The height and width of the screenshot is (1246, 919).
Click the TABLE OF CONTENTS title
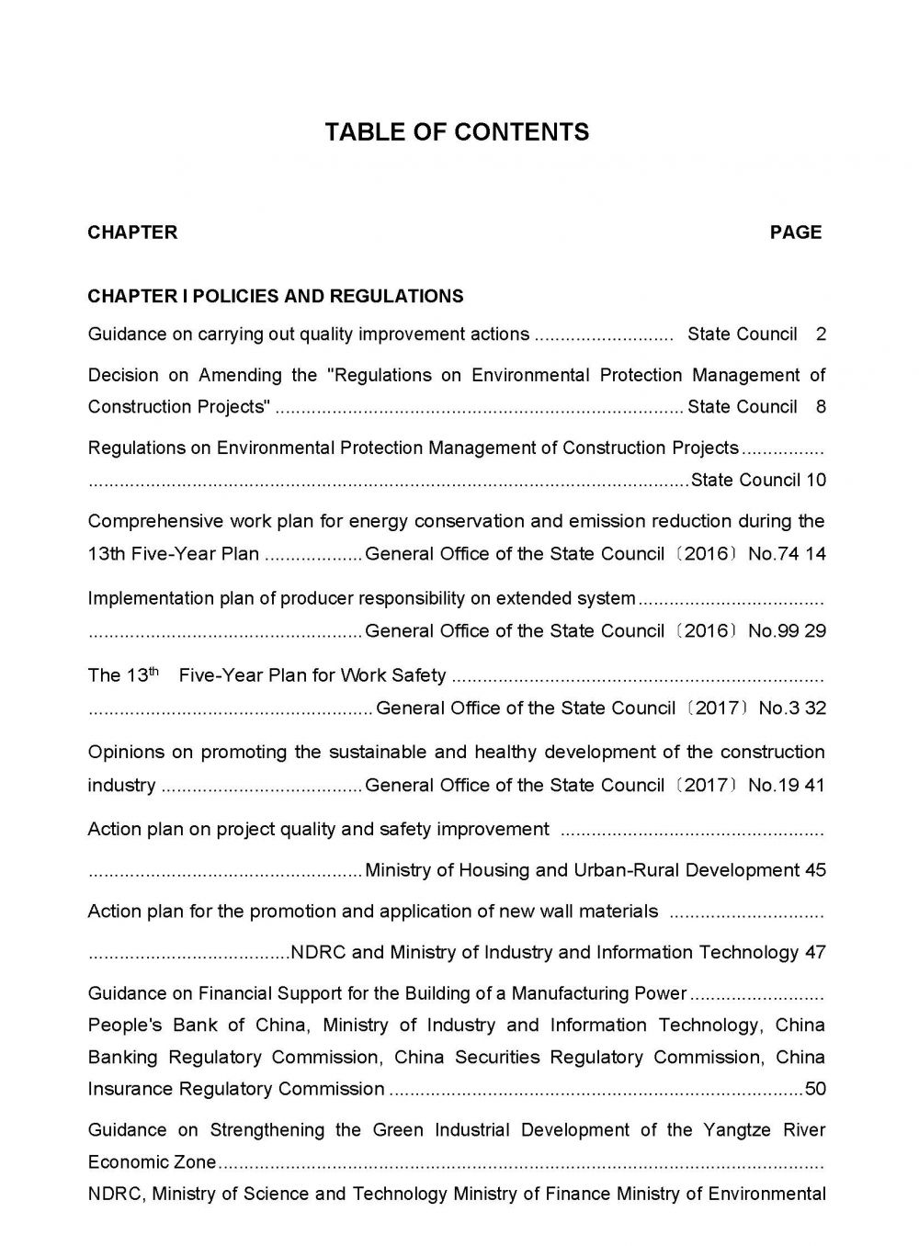tap(457, 132)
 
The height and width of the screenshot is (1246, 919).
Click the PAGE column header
tap(796, 232)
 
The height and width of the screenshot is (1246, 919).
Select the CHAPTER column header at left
tap(132, 232)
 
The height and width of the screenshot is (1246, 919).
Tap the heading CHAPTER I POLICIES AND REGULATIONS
tap(276, 296)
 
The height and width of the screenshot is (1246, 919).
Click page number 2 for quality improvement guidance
tap(821, 334)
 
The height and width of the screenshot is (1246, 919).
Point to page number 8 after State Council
tap(821, 407)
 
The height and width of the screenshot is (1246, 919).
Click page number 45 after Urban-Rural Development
tap(815, 870)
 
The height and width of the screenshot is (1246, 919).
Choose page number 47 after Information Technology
tap(815, 953)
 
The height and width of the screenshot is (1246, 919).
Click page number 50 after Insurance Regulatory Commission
tap(815, 1090)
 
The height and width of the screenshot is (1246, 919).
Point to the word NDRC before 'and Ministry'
tap(318, 953)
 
